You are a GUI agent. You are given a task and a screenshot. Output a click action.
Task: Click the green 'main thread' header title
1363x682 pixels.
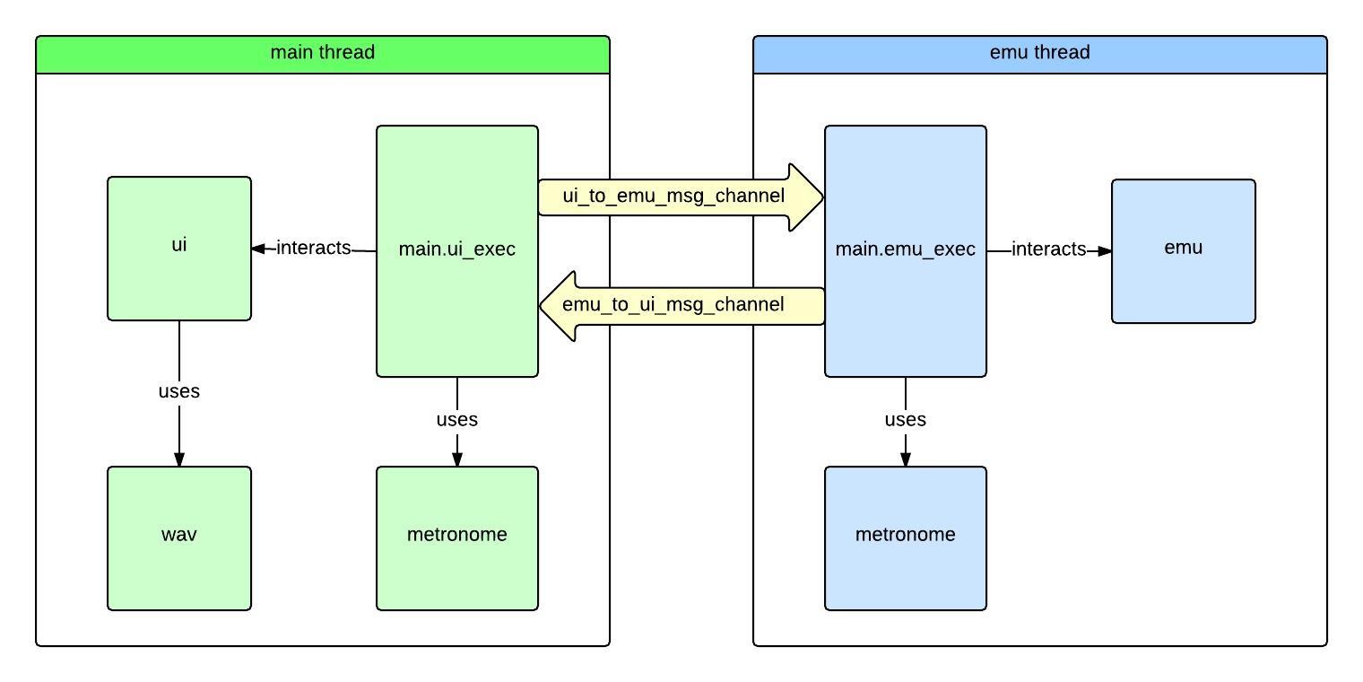click(x=322, y=53)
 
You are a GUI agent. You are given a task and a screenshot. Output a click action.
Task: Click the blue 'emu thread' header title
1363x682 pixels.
click(x=1039, y=53)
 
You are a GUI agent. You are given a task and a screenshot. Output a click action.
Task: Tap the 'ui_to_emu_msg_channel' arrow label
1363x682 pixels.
click(x=673, y=196)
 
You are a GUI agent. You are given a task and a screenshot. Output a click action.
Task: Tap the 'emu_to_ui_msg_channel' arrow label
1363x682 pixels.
click(x=673, y=305)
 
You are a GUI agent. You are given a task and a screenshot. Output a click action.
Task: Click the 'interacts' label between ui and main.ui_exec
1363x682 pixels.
click(x=313, y=249)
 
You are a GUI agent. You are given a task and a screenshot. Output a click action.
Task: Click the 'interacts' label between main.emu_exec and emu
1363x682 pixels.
click(x=1048, y=250)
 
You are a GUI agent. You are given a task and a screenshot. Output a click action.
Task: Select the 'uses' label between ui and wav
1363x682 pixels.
click(x=178, y=392)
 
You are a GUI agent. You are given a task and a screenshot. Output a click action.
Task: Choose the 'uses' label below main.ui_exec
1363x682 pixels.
click(x=456, y=420)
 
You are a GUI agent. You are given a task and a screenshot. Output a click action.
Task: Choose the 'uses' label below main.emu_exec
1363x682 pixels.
click(x=905, y=420)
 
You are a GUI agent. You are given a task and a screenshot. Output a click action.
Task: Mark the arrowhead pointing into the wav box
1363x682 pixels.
click(x=179, y=459)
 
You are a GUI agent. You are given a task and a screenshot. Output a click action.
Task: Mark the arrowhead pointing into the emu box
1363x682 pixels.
click(x=1104, y=251)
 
